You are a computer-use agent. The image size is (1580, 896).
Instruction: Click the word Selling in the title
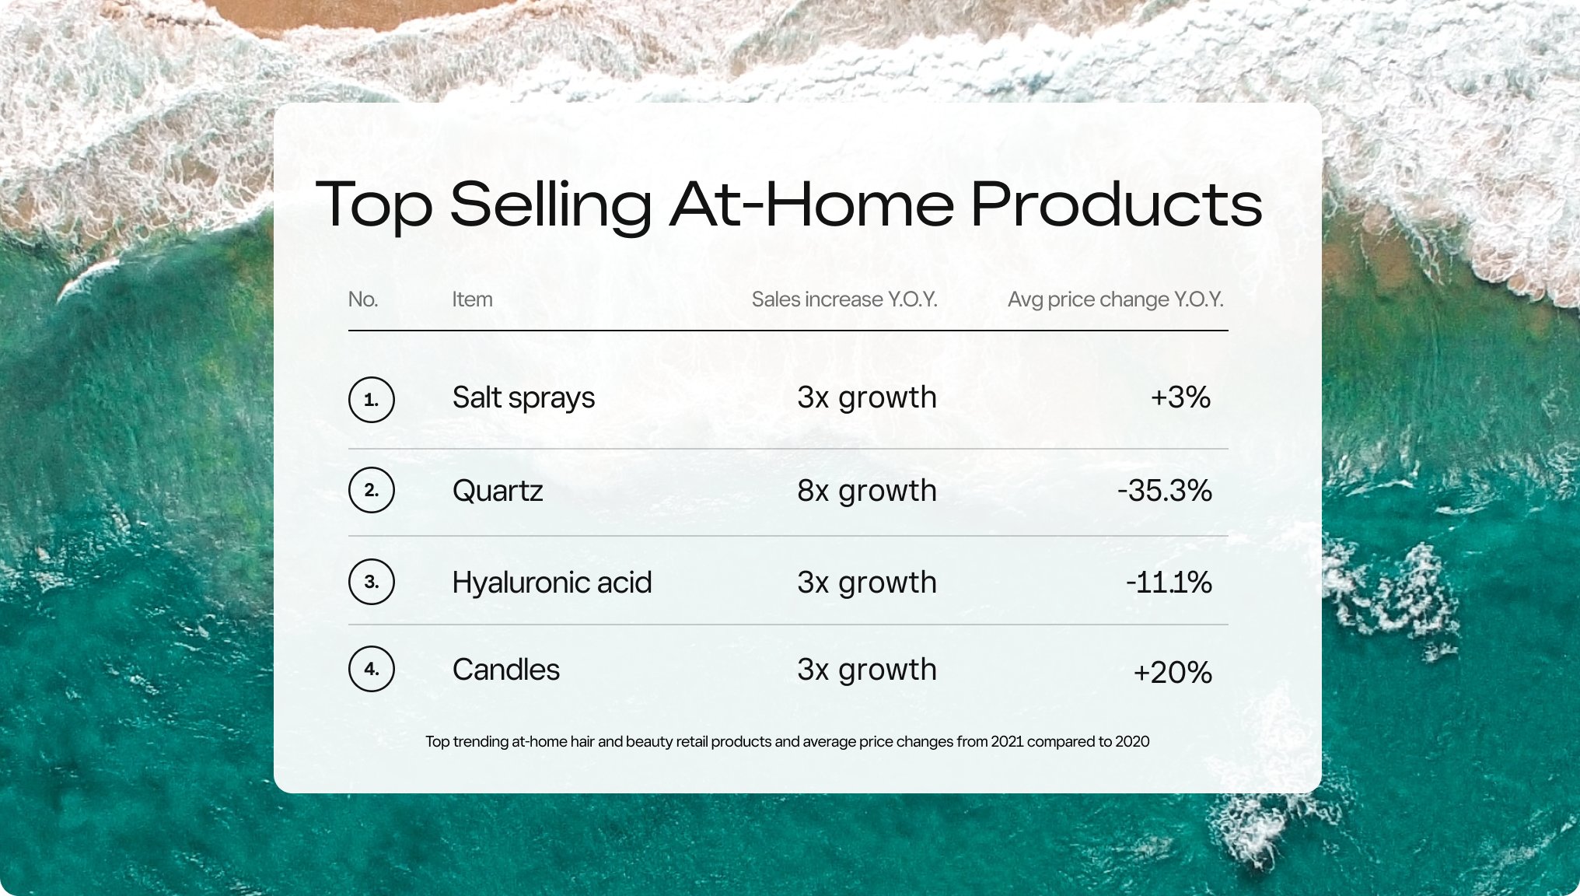tap(551, 205)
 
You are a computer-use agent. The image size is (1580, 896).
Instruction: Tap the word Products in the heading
tap(1116, 205)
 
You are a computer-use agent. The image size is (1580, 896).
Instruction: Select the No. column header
tap(363, 299)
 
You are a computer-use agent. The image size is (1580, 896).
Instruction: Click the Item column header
tap(472, 299)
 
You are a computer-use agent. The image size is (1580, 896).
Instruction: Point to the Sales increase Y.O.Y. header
tap(844, 299)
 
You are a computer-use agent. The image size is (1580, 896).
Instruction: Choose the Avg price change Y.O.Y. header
tap(1115, 299)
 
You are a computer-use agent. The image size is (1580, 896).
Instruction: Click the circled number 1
tap(372, 400)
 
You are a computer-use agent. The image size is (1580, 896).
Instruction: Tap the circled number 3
tap(372, 582)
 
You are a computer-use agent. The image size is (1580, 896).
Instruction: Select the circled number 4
tap(372, 669)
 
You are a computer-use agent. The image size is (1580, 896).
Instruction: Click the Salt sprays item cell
tap(523, 398)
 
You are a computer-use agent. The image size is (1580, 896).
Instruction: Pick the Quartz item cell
tap(498, 491)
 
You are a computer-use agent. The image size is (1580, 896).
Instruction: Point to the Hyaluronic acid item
tap(551, 583)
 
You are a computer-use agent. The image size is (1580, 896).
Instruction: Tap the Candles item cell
tap(505, 670)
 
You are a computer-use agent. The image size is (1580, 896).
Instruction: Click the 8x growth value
tap(866, 491)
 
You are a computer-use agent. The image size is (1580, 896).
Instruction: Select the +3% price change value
tap(1180, 397)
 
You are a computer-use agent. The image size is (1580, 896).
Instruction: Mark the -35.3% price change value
tap(1164, 491)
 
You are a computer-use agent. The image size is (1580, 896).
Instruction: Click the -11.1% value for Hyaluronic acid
tap(1169, 583)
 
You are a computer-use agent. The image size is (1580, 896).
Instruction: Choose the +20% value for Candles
tap(1172, 672)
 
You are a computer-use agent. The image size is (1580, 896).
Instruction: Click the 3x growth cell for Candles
tap(866, 670)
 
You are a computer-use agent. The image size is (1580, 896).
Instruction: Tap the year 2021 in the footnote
tap(1006, 741)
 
